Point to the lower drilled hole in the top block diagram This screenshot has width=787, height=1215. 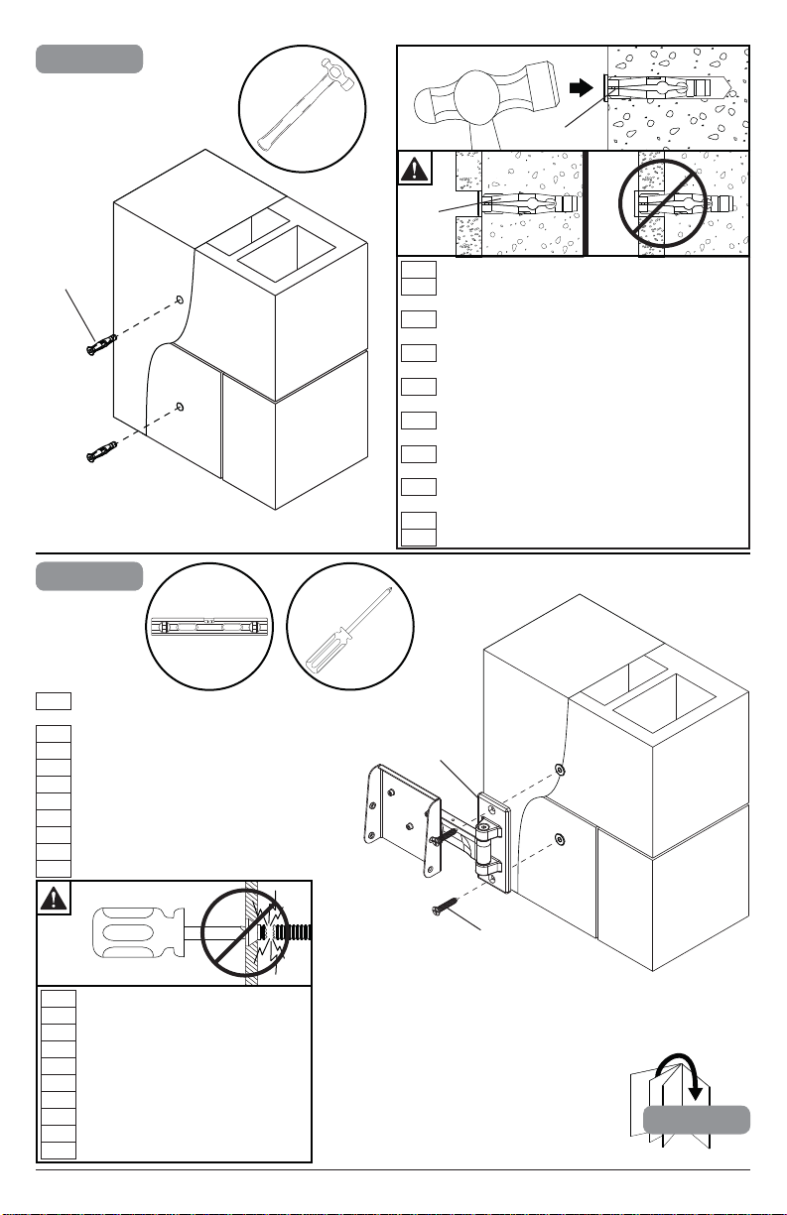click(x=178, y=406)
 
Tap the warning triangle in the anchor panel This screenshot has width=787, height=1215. click(x=414, y=168)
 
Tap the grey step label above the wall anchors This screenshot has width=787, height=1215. click(x=89, y=59)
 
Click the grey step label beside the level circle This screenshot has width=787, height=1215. click(x=89, y=576)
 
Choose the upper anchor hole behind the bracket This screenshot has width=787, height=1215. click(x=562, y=771)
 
